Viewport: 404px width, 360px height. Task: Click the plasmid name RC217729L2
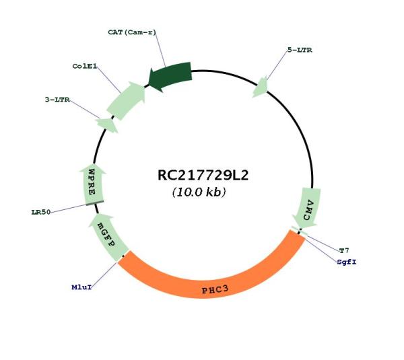tap(203, 176)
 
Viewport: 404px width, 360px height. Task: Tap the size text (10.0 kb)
tap(199, 192)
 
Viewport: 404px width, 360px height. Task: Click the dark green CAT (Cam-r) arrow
tap(170, 76)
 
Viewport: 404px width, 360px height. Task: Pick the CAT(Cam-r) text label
tap(132, 32)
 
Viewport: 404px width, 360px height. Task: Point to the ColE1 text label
tap(85, 67)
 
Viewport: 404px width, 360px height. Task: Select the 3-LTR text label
tap(57, 100)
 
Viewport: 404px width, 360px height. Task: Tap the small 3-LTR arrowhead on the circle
tap(107, 125)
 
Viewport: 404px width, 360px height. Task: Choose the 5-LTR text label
tap(300, 50)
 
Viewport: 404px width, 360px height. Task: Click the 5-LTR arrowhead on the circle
tap(260, 87)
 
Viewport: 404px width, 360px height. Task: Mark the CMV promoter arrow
tap(308, 208)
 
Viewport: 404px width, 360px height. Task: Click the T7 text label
tap(344, 250)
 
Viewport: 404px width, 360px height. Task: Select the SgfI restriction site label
tap(347, 262)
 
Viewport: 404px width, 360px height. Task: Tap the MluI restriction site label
tap(81, 287)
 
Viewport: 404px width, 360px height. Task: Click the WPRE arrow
tap(93, 183)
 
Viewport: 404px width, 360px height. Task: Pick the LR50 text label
tap(41, 212)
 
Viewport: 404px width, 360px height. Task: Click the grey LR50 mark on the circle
tap(95, 203)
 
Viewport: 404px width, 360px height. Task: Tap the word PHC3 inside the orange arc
tap(215, 290)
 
